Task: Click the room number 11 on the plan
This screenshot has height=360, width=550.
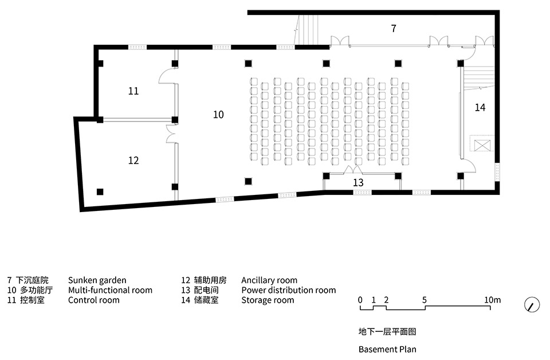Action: (133, 91)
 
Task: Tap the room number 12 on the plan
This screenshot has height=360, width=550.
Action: (133, 161)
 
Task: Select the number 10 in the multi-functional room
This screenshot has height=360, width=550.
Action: (218, 115)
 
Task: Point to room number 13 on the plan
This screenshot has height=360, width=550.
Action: (358, 182)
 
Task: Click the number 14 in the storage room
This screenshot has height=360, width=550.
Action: (480, 107)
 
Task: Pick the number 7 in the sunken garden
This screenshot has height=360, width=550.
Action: (394, 28)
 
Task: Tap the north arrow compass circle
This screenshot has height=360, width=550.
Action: (532, 304)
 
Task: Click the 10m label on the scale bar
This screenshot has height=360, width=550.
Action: (493, 300)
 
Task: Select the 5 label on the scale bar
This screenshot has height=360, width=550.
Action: (425, 300)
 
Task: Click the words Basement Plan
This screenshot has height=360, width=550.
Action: (387, 350)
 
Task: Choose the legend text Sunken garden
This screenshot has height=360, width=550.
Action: (97, 280)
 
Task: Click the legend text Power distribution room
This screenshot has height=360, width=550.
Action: (289, 290)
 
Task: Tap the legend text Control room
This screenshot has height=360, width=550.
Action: (93, 300)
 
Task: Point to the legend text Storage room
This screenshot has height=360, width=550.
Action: (268, 300)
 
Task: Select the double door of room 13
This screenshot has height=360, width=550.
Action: (353, 170)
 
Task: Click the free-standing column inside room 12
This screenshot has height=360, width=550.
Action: (100, 191)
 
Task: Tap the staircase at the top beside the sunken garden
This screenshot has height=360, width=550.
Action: (307, 30)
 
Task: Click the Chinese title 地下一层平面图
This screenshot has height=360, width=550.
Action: (387, 331)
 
